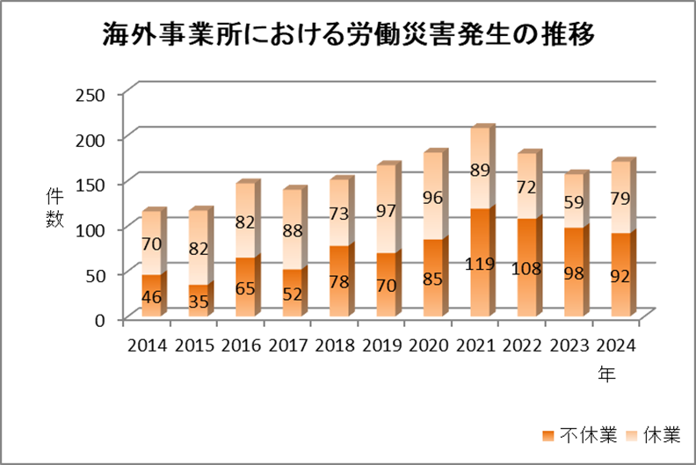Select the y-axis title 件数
54,208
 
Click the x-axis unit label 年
606,373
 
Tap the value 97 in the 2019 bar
385,211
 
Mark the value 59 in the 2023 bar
572,201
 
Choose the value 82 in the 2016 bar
245,223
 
